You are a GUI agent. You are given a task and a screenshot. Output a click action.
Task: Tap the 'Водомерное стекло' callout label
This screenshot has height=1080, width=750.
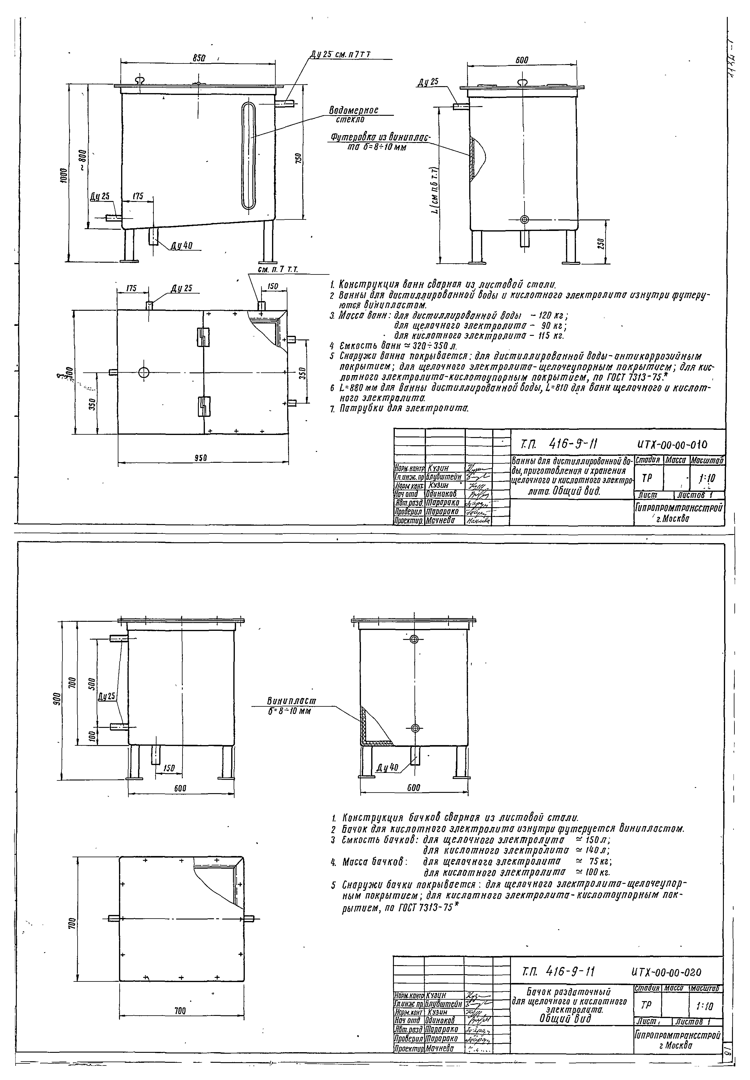pyautogui.click(x=353, y=114)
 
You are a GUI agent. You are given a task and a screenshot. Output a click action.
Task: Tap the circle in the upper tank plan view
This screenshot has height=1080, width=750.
pyautogui.click(x=144, y=372)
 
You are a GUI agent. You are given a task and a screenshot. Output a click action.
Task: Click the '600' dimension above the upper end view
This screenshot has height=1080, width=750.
pyautogui.click(x=522, y=60)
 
